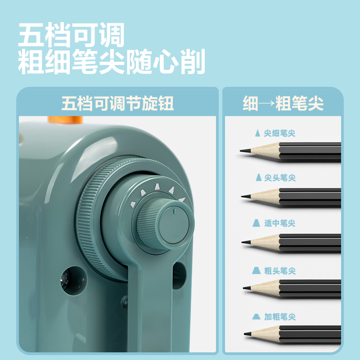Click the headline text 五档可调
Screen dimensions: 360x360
click(71, 36)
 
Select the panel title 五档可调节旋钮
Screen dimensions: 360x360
click(117, 104)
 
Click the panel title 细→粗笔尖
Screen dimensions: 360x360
click(283, 104)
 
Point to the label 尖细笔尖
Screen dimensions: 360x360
click(279, 133)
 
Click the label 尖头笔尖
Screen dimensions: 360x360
click(279, 177)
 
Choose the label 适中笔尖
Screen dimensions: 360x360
click(279, 223)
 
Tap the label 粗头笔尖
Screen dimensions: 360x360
click(279, 270)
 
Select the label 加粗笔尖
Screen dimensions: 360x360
click(279, 317)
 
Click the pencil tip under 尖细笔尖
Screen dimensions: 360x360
click(243, 151)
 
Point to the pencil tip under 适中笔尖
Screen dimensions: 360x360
click(244, 243)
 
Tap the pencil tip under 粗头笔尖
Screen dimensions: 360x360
click(245, 288)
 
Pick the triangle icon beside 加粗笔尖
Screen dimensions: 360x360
click(256, 316)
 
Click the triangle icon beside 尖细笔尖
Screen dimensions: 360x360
click(257, 133)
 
